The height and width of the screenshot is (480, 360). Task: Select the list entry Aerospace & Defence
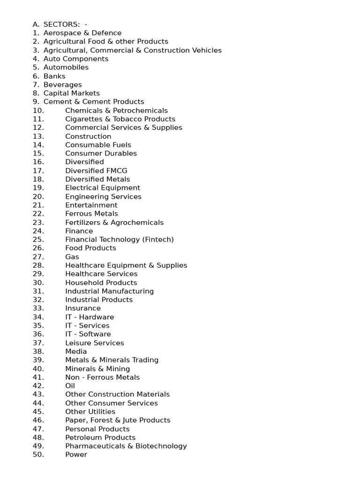82,33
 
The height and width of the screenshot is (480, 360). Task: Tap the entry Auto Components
75,59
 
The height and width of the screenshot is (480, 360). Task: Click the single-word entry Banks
54,76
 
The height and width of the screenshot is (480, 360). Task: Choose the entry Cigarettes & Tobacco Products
120,119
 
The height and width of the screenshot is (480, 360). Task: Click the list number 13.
38,136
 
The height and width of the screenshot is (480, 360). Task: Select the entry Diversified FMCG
96,171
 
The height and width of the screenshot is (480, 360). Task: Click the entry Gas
72,257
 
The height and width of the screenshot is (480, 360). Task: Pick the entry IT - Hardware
90,317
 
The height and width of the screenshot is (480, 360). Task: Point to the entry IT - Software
88,334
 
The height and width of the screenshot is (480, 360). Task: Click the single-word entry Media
76,351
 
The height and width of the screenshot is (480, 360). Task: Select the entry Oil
70,386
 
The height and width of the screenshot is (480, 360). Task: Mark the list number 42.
38,386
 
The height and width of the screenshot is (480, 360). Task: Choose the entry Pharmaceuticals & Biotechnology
126,446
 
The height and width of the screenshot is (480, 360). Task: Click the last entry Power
76,454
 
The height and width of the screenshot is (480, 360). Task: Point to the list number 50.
38,454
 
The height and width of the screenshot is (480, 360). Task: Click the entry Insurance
83,308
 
